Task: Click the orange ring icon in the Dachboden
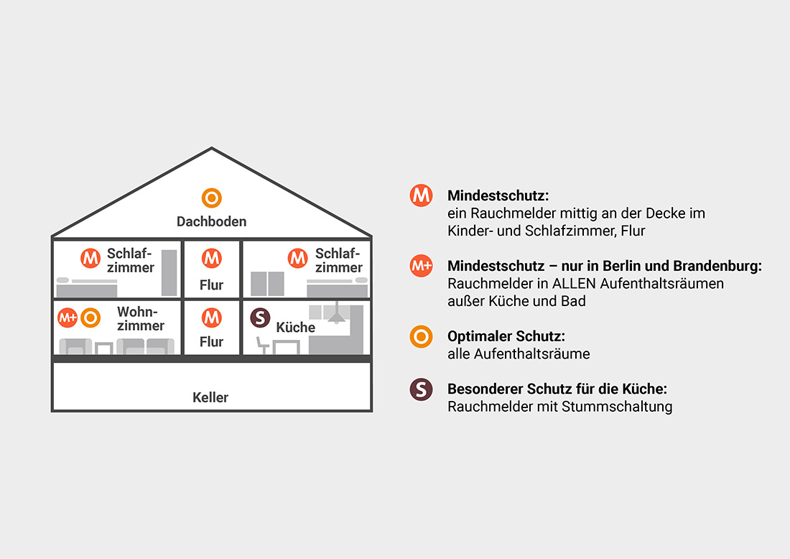click(x=211, y=197)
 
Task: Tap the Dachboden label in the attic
click(x=211, y=221)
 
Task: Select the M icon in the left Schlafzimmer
click(x=90, y=257)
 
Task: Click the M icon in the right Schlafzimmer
click(x=297, y=257)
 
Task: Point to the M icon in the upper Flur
click(x=211, y=257)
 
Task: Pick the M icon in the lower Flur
click(x=211, y=317)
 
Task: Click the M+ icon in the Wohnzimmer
click(x=68, y=317)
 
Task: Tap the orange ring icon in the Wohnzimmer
click(x=90, y=317)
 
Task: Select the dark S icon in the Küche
click(x=260, y=317)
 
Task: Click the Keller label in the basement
click(x=210, y=397)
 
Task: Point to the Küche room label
click(x=295, y=327)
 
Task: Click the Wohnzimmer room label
click(x=141, y=319)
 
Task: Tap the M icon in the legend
click(x=421, y=195)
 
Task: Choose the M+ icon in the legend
click(x=421, y=265)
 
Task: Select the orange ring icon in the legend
click(x=421, y=336)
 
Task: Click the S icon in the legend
click(x=421, y=389)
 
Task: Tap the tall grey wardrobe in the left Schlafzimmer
click(x=169, y=273)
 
